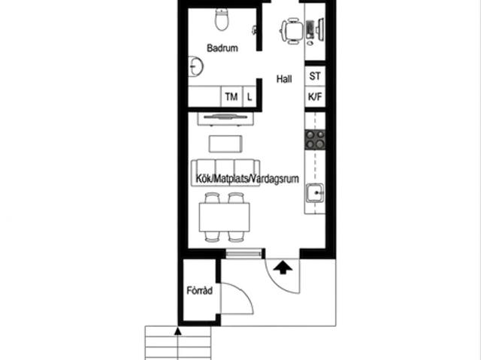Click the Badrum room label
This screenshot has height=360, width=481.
click(222, 48)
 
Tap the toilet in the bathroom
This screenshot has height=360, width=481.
click(222, 20)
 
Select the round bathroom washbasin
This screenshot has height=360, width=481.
click(195, 66)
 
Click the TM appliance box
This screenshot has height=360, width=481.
click(231, 97)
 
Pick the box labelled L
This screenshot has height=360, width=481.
click(250, 97)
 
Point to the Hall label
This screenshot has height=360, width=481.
click(284, 79)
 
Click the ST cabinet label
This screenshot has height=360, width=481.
click(315, 76)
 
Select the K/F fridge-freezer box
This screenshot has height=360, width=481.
click(315, 97)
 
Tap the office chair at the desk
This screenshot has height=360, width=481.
click(292, 31)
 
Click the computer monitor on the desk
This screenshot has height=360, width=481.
click(321, 29)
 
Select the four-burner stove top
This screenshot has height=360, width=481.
click(315, 140)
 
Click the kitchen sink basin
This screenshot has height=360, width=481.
click(315, 193)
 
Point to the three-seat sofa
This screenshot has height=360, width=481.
click(225, 172)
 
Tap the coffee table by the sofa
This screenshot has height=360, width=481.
click(225, 144)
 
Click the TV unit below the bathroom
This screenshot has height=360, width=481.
click(225, 119)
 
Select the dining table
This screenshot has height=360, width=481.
click(224, 217)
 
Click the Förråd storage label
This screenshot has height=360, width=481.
click(200, 290)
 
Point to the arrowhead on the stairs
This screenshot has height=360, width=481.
click(177, 331)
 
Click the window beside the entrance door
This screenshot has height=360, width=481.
click(244, 253)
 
